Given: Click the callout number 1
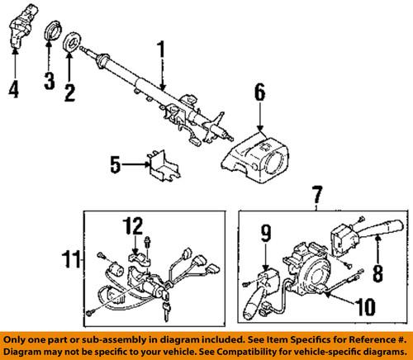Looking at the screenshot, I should [161, 54].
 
